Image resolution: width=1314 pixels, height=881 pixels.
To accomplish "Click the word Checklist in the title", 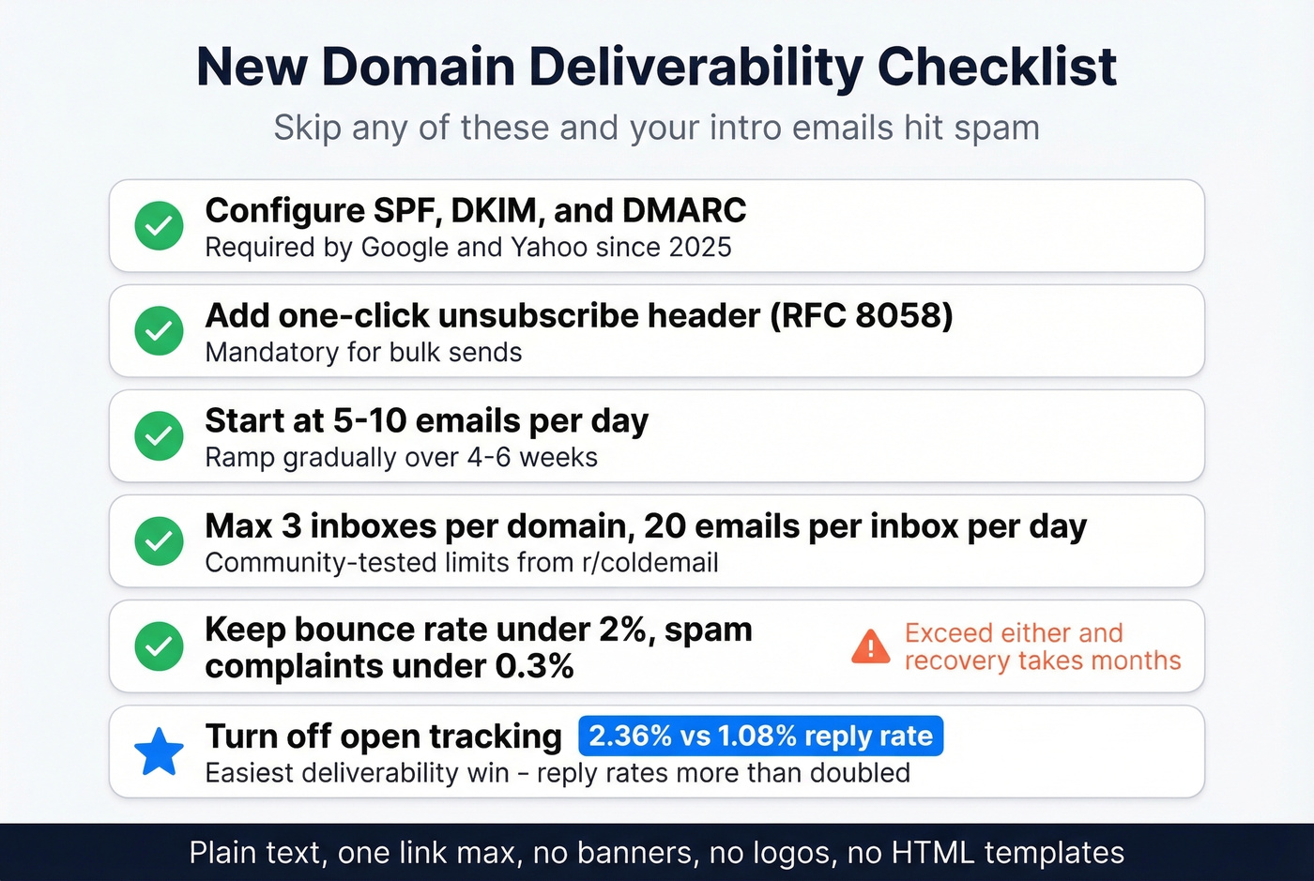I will (996, 67).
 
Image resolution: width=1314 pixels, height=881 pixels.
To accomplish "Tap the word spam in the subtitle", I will (996, 128).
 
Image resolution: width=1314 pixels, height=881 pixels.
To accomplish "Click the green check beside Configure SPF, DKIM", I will (159, 225).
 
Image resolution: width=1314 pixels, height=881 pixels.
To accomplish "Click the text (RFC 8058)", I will (861, 315).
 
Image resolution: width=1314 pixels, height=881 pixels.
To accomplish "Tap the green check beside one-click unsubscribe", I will (159, 330).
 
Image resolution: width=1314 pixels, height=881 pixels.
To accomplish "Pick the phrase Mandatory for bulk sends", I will (363, 353).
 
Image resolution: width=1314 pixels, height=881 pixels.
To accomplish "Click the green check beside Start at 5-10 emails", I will (159, 435).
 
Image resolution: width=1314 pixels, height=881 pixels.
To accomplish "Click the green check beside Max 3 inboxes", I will (159, 540).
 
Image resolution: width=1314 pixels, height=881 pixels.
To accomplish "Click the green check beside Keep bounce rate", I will (159, 646).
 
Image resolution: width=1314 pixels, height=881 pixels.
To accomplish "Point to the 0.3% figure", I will (534, 666).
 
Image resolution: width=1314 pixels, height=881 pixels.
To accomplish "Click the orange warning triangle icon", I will (870, 646).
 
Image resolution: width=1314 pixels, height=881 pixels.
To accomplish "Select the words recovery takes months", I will (1042, 661).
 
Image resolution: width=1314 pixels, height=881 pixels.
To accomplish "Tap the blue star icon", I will (159, 752).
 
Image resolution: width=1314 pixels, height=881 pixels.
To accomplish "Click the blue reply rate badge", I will (760, 736).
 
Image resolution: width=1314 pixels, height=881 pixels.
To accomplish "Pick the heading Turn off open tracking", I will (383, 737).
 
